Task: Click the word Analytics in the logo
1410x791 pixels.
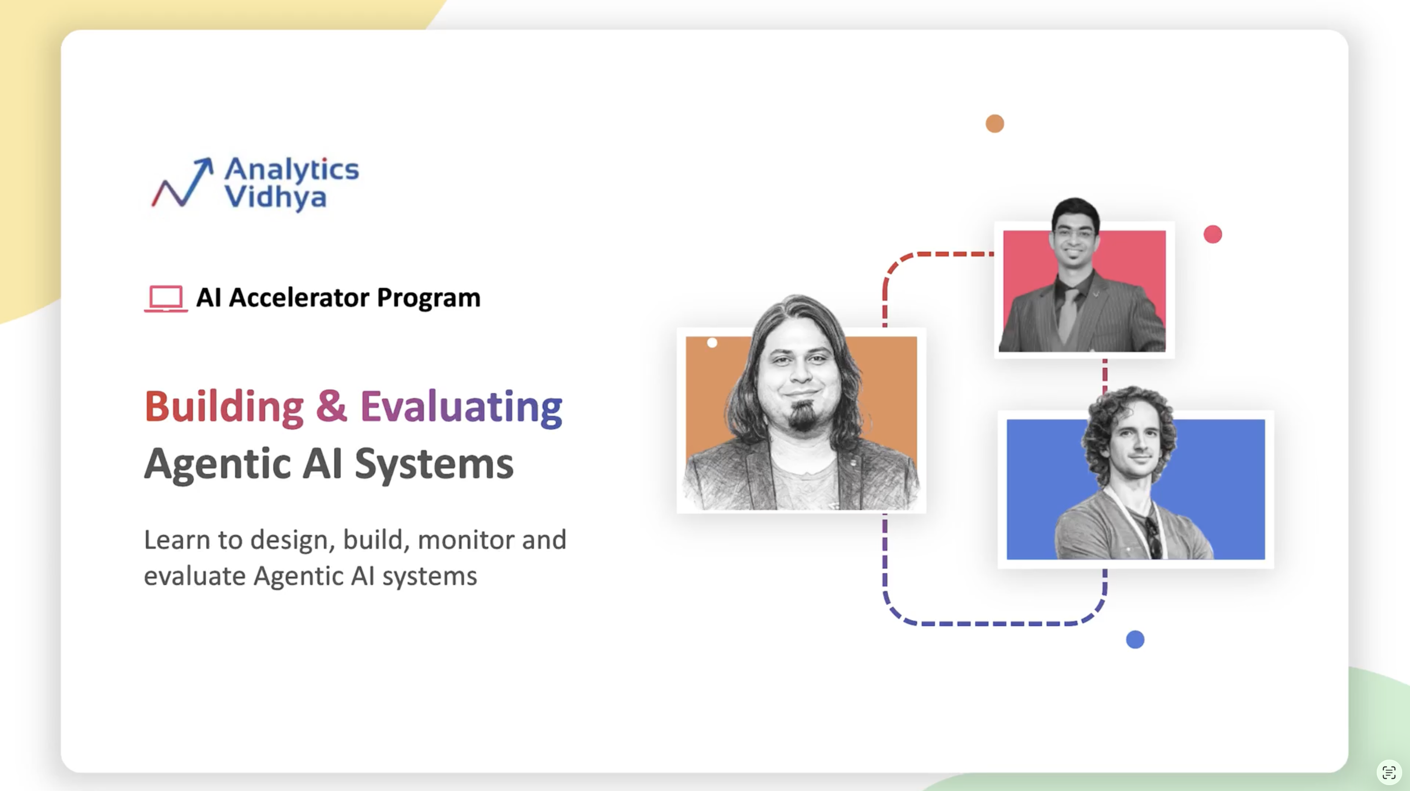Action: (292, 170)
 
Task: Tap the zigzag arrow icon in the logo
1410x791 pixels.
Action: (182, 182)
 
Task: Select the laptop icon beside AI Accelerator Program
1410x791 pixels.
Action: (166, 298)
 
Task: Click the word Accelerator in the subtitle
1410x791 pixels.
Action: (300, 297)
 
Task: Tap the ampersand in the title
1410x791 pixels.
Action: (331, 406)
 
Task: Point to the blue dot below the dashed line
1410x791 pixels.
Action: (1135, 639)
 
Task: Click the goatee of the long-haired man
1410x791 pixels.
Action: (802, 416)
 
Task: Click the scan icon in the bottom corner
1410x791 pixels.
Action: (1388, 772)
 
